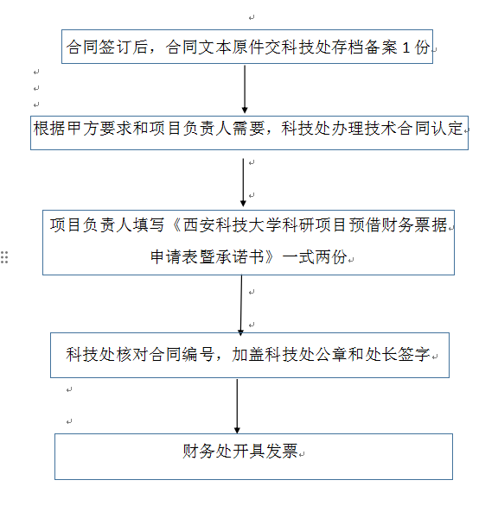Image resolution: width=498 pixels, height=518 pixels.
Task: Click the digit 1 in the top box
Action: pos(406,47)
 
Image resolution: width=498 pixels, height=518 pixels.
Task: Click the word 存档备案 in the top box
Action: pos(364,47)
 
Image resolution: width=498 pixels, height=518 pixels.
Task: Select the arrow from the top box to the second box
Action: pos(245,89)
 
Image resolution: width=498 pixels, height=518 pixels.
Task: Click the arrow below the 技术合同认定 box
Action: pos(243,182)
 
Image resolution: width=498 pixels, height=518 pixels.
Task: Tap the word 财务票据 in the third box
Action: pos(414,225)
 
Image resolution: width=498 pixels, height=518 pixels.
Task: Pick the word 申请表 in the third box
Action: pos(174,257)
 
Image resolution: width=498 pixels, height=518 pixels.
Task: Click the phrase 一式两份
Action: pos(315,257)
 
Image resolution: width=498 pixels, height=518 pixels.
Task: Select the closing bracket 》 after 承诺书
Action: pos(271,257)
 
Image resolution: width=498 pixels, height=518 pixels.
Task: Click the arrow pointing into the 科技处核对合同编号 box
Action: pos(241,306)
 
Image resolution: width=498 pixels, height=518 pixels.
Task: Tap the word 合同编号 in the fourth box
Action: pos(181,355)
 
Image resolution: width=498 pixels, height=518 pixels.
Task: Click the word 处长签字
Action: pos(398,355)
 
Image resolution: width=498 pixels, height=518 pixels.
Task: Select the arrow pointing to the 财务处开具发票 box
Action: pos(237,406)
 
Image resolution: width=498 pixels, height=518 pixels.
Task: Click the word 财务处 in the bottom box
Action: pos(207,452)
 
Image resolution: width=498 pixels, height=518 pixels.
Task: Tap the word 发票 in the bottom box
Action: pos(281,452)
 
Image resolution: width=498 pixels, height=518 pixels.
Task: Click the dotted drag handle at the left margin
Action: pos(4,257)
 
